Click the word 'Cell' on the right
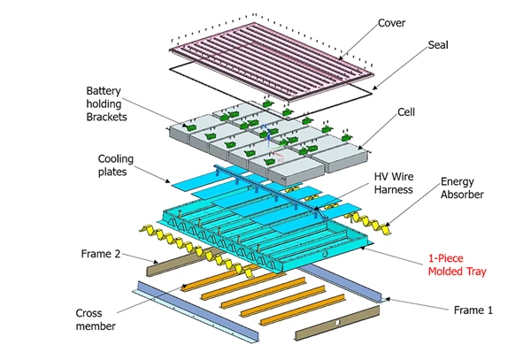coord(406,112)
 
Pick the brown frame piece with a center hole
coord(336,328)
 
